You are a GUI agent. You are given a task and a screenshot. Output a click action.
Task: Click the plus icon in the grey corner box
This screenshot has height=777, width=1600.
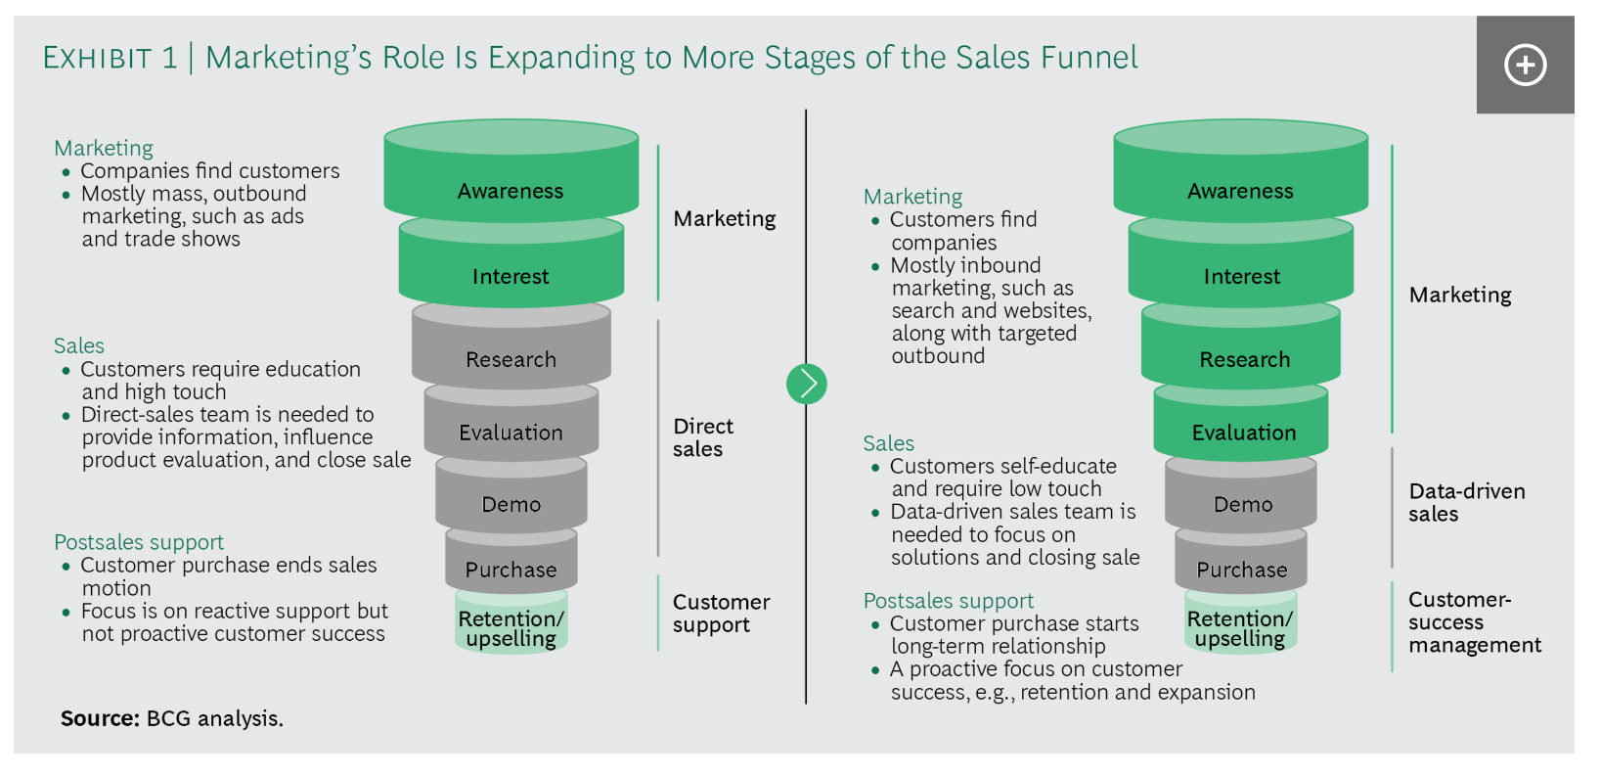tap(1525, 65)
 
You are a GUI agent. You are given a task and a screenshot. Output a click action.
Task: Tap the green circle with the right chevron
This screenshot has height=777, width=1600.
tap(807, 384)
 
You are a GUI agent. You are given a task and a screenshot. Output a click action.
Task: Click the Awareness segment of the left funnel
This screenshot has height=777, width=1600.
tap(511, 171)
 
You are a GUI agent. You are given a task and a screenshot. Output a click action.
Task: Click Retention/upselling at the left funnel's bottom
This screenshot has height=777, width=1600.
tap(511, 621)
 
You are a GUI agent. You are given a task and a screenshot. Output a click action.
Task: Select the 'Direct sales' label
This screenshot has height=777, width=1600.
tap(703, 437)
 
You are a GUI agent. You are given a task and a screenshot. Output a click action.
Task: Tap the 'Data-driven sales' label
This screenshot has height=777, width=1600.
tap(1466, 503)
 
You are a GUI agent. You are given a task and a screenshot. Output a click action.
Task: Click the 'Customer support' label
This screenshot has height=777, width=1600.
tap(722, 614)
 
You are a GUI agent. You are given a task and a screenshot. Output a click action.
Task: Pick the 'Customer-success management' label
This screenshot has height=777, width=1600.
tap(1474, 621)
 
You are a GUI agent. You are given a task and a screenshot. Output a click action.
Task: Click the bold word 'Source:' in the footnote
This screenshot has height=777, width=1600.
tap(100, 718)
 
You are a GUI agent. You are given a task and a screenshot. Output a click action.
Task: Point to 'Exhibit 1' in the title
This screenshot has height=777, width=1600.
tap(110, 58)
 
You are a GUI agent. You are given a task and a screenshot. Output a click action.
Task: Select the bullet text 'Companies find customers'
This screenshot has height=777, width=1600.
tap(210, 171)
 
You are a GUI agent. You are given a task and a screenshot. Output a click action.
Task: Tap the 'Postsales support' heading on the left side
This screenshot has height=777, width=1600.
tap(139, 542)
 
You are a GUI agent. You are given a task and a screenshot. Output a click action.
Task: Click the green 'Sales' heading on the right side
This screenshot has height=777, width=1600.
tap(888, 443)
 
